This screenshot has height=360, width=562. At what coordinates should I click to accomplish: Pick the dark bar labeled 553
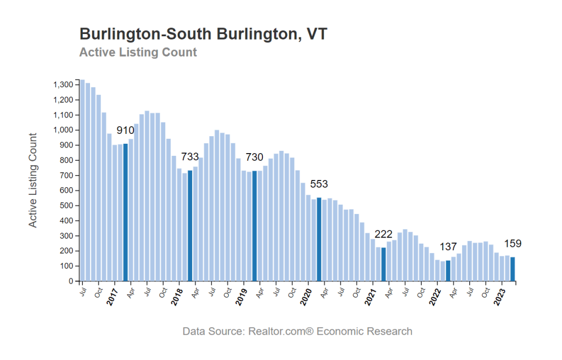(319, 239)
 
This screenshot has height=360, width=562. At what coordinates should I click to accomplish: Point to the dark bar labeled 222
(384, 265)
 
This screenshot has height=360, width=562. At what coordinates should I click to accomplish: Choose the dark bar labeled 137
(448, 271)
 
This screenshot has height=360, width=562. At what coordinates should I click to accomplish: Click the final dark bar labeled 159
(513, 269)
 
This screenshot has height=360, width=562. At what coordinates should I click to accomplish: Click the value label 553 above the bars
(319, 184)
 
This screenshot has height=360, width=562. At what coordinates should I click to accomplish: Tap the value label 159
(513, 244)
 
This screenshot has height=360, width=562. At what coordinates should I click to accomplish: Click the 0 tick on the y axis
(71, 282)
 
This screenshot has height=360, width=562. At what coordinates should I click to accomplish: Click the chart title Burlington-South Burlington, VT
(204, 34)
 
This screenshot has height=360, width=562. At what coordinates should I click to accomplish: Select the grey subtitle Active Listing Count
(138, 53)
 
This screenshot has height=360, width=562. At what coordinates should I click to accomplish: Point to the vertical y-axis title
(33, 180)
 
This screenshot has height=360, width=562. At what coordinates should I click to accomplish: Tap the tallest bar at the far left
(82, 181)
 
